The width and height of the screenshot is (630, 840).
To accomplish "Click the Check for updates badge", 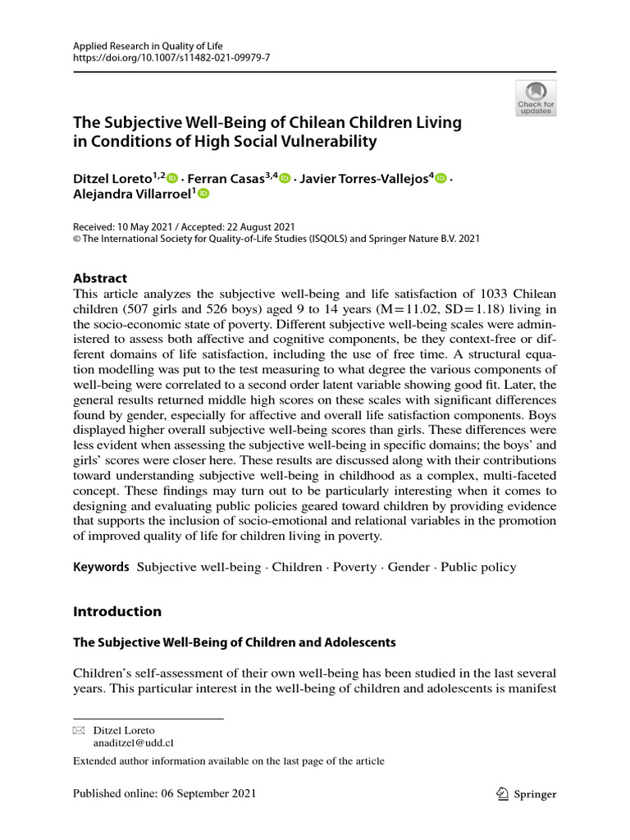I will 536,98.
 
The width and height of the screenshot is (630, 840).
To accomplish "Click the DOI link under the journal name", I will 171,59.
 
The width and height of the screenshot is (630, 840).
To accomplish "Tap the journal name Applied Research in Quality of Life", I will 148,47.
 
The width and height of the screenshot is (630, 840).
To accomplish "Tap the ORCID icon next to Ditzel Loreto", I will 172,177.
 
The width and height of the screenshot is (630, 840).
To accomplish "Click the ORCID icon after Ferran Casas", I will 285,177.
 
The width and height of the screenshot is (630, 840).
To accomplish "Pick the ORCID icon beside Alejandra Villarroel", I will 203,194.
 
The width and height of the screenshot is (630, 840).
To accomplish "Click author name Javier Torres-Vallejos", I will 367,177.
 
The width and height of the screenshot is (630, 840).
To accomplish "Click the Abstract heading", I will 100,278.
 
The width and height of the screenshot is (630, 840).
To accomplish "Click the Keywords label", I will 101,567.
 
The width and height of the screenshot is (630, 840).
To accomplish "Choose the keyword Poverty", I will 354,567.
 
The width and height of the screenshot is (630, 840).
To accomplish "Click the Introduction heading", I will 117,611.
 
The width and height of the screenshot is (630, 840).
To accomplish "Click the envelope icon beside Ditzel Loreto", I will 79,730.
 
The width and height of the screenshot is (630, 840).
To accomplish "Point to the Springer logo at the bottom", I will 527,794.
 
